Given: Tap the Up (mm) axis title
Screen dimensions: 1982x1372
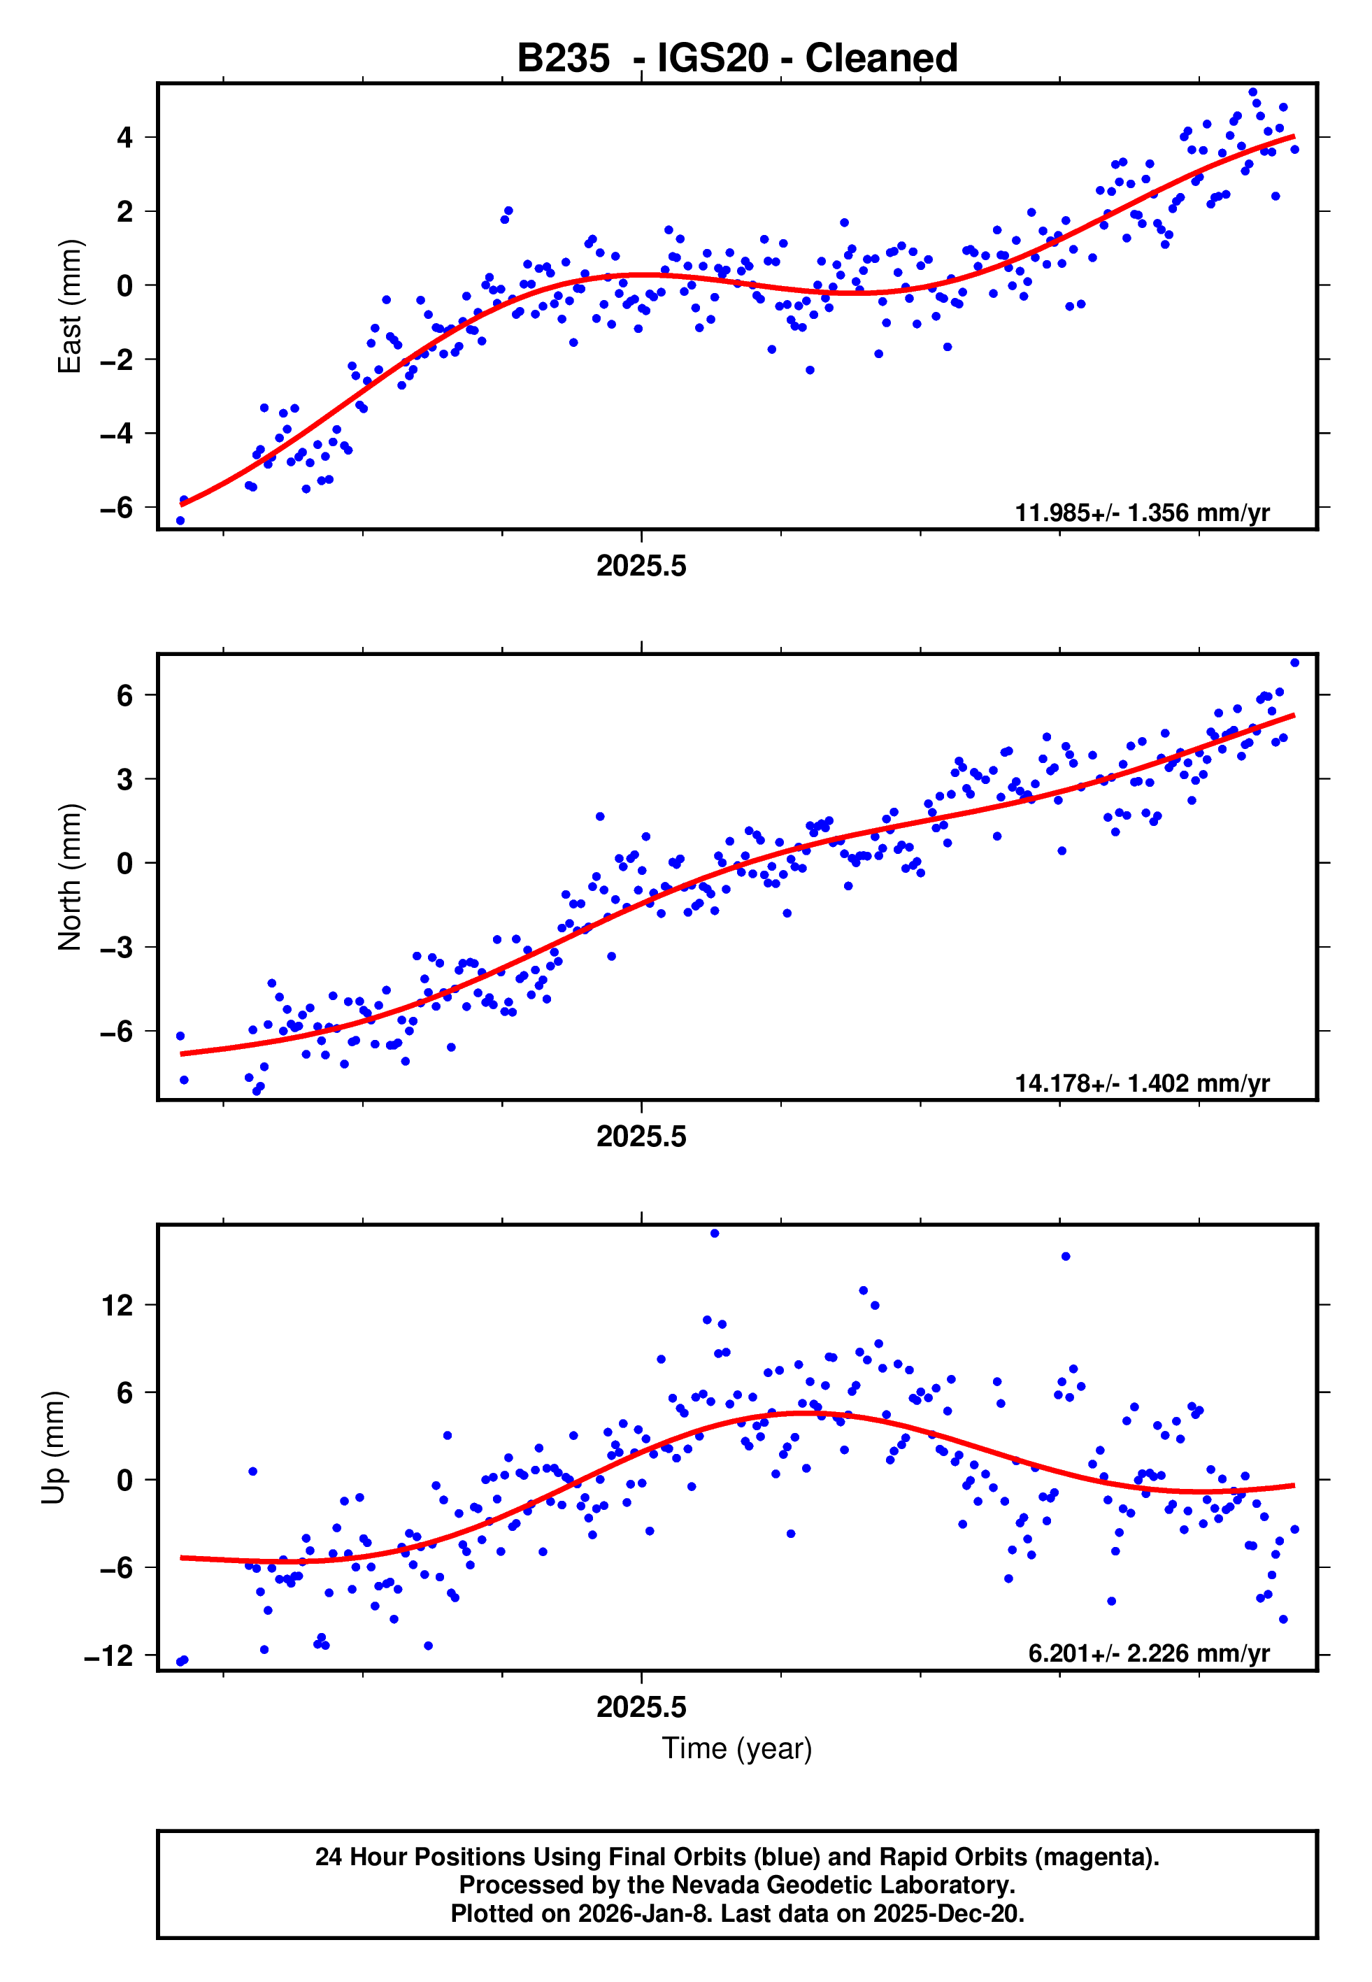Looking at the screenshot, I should point(53,1446).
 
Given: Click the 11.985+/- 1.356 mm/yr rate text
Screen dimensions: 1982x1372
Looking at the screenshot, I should point(1142,513).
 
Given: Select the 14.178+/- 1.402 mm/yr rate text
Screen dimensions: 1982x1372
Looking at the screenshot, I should point(1142,1083).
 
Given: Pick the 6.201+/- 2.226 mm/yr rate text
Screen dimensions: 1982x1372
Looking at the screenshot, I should point(1148,1653).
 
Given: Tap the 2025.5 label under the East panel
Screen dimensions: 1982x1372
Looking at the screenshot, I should point(641,566).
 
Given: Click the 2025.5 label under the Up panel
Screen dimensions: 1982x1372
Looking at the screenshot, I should point(641,1707).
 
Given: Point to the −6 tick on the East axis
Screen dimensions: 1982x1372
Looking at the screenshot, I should point(117,507).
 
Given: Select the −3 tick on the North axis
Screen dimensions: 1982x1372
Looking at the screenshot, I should point(117,947).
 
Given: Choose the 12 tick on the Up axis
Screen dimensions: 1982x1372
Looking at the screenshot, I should point(117,1306).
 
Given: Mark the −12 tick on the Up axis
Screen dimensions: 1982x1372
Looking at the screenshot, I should point(109,1655).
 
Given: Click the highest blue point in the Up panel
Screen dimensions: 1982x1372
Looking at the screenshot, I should point(715,1234).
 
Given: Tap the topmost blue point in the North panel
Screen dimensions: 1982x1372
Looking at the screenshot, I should point(1294,663).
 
